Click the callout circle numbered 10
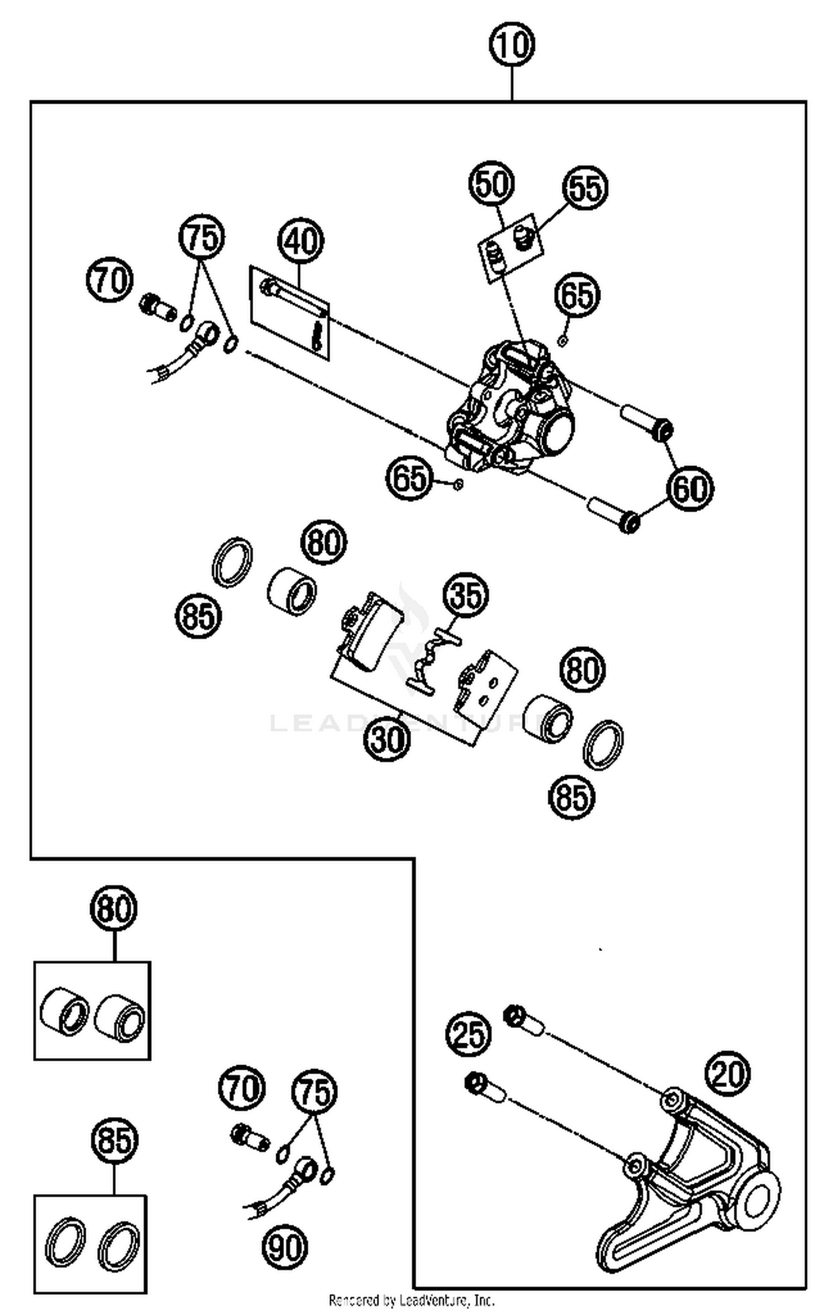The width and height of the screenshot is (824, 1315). [511, 44]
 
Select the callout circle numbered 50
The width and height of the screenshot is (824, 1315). [492, 183]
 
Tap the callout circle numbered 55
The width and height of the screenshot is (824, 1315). [585, 187]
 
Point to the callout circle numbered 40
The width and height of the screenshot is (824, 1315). [300, 240]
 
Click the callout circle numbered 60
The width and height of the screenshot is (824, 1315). [690, 488]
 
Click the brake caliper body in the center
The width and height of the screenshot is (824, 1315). [508, 409]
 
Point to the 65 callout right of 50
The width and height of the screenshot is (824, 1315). [577, 295]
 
